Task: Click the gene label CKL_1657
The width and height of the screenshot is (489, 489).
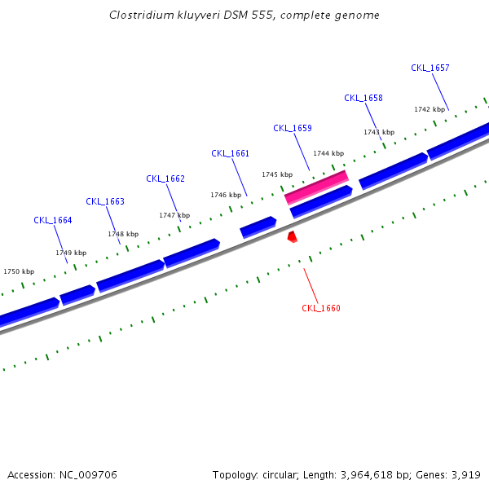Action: click(x=430, y=68)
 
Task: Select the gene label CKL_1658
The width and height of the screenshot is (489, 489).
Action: click(x=363, y=98)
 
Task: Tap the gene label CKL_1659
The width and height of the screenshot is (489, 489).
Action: click(x=292, y=128)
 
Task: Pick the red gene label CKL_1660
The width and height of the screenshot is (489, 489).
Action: click(x=320, y=308)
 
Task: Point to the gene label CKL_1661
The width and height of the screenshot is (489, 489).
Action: click(x=230, y=153)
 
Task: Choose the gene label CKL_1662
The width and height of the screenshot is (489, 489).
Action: click(x=165, y=178)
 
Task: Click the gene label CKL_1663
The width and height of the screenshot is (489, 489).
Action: click(x=105, y=201)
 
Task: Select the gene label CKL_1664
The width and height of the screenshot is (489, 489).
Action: click(x=53, y=220)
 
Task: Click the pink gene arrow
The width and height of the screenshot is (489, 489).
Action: click(x=316, y=187)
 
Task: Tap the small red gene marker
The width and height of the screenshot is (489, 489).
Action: click(x=292, y=236)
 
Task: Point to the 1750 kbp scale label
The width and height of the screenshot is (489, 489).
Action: click(x=19, y=271)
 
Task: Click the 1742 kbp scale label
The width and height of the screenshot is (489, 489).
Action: click(x=430, y=109)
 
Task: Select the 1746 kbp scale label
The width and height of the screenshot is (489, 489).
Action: click(x=226, y=195)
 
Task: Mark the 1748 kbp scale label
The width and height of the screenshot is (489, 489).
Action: click(x=123, y=234)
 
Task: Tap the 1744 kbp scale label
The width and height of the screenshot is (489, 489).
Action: click(x=328, y=153)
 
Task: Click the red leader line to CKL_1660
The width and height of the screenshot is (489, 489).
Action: click(x=311, y=285)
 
